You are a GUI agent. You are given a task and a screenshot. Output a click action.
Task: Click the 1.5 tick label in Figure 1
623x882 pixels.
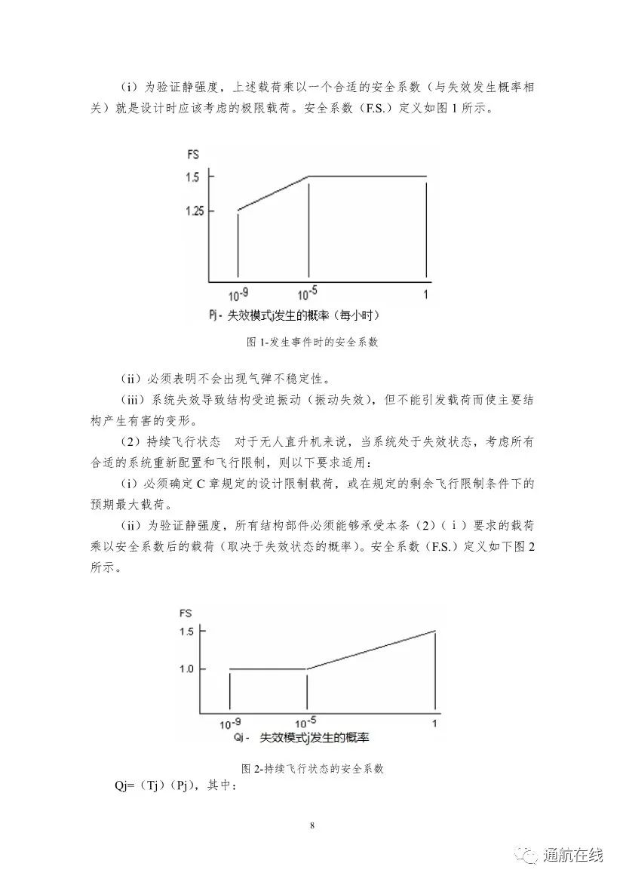tap(192, 177)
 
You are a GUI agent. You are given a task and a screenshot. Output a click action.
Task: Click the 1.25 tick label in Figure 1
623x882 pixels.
tap(195, 211)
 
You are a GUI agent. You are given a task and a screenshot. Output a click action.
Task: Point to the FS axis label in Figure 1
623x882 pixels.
tap(193, 155)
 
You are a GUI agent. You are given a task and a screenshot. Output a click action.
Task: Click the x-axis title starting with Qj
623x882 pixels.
tap(305, 736)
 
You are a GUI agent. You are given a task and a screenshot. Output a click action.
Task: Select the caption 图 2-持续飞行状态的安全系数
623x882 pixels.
tap(312, 769)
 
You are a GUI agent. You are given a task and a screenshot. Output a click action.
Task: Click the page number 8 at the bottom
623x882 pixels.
tap(311, 825)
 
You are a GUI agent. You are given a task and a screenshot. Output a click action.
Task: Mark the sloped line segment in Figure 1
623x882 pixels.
tap(273, 194)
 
